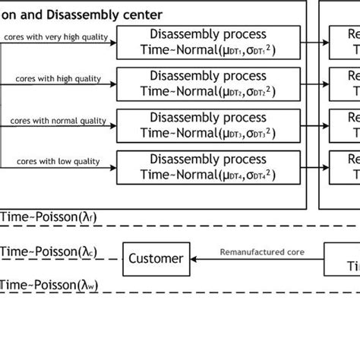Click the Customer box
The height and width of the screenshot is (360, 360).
[x=156, y=258]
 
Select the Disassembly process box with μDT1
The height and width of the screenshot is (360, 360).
[x=209, y=43]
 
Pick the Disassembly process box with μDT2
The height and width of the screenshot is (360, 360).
[x=209, y=84]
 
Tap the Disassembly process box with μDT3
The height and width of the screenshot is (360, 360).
[x=209, y=126]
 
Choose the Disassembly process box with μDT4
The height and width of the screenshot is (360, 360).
[x=209, y=168]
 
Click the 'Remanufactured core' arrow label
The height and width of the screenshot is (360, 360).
[x=257, y=251]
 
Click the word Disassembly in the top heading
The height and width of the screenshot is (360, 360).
[x=72, y=13]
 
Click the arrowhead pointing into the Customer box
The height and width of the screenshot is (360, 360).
[x=194, y=259]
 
